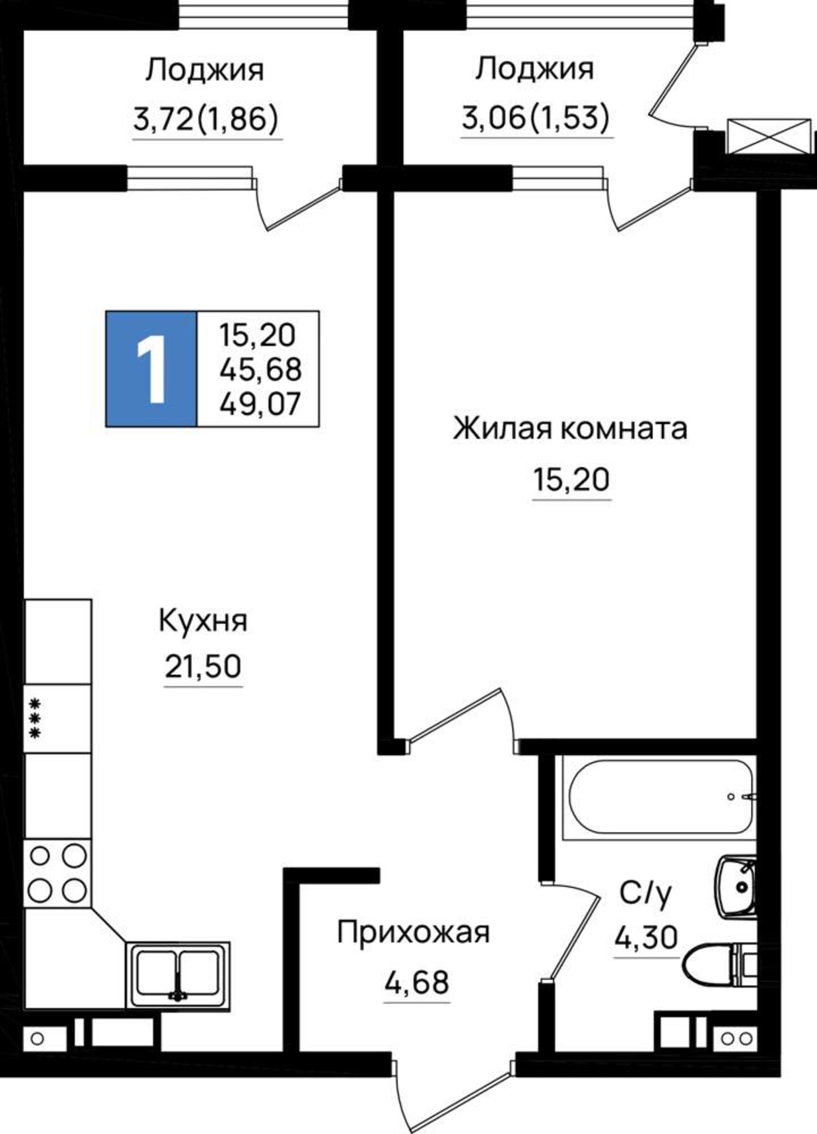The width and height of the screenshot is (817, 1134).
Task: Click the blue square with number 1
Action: tap(151, 369)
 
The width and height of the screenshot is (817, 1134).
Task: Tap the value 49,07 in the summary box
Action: tap(260, 405)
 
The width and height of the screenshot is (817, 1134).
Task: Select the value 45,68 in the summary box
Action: tap(260, 370)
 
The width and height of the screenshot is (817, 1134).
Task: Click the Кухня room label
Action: tap(203, 621)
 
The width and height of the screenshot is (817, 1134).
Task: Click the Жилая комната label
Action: tap(570, 429)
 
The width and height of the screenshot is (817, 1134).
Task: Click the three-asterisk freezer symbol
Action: tap(35, 719)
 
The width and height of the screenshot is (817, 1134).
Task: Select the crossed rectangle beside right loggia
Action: tap(768, 136)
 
